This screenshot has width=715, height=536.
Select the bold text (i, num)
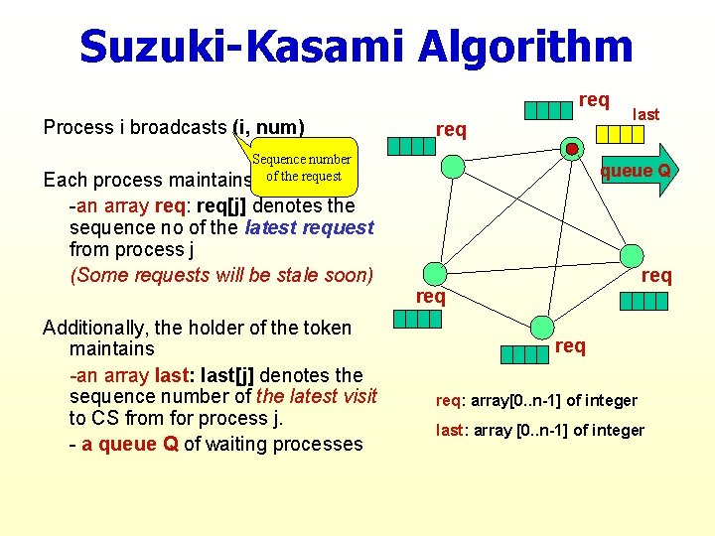[x=267, y=127]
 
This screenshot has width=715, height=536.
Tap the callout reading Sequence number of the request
[x=301, y=168]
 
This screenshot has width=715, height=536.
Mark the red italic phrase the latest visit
[x=316, y=396]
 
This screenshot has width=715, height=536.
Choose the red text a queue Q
[x=130, y=444]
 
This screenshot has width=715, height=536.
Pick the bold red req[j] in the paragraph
[x=225, y=205]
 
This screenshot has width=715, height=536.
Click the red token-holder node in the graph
[x=572, y=149]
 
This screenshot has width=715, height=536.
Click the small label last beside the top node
[x=646, y=114]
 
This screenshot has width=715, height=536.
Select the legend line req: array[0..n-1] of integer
[x=536, y=400]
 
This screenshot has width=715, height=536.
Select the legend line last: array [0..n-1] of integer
[x=540, y=430]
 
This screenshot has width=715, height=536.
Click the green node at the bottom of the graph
[x=541, y=326]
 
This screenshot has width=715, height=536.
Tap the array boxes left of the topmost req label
[x=548, y=110]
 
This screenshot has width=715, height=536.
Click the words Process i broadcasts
[x=135, y=127]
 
